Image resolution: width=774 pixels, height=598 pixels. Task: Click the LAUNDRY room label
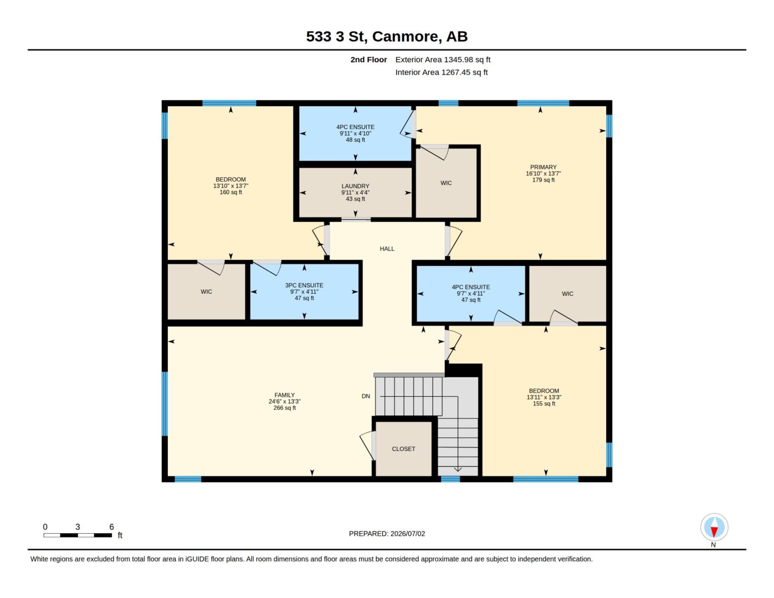coord(355,186)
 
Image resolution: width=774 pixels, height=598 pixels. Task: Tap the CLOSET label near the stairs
coord(403,449)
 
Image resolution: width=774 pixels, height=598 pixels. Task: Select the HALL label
coord(387,249)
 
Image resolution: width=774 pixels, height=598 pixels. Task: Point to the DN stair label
coord(366,396)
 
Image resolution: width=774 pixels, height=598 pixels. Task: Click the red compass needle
coord(714,531)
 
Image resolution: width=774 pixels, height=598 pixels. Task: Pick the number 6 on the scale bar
coord(112,527)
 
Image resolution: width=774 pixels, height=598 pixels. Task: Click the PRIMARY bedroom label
coord(543,167)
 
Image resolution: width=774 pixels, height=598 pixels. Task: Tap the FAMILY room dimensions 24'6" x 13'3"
coord(284,401)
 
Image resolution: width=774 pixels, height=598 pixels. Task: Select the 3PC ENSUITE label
coord(304,285)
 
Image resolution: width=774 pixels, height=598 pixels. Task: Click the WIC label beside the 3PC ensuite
coord(206,292)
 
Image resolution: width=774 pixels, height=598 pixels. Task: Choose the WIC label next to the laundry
coord(446,183)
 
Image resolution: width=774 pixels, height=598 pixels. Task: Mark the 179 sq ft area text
coord(543,180)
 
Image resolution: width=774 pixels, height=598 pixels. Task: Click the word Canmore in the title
coord(405,37)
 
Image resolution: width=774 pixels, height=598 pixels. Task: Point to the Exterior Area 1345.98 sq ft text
coord(443,60)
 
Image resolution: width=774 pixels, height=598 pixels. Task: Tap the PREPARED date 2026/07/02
coord(408,534)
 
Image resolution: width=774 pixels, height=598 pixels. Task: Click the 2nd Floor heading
coord(368,60)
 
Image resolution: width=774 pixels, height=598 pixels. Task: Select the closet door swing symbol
coord(367,445)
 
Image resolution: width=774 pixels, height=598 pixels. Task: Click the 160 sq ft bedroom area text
coord(231,192)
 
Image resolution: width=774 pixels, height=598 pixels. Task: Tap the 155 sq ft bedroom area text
coord(544,403)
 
